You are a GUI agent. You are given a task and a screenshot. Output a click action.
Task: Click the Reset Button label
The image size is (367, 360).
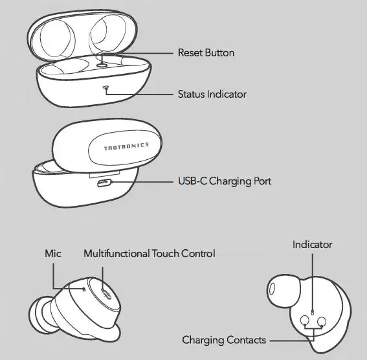point(206,52)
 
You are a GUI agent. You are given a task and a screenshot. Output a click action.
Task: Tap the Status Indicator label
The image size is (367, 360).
point(212,94)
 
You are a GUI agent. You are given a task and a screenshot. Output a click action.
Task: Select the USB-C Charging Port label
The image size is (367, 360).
point(224,181)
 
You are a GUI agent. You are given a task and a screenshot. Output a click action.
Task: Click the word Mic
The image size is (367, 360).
point(53,254)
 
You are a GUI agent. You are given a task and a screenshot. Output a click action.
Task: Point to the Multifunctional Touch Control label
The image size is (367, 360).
point(149,254)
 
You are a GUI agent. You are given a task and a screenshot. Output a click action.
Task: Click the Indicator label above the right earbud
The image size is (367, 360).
point(312,245)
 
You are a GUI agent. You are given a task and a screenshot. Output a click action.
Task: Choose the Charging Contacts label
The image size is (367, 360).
point(224,340)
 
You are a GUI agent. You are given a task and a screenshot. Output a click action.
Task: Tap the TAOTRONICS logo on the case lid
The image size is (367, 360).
point(126,148)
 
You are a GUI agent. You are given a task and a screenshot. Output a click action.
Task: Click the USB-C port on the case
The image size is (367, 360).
point(103,183)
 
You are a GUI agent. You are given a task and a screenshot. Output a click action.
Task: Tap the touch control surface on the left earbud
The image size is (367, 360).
point(106,293)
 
